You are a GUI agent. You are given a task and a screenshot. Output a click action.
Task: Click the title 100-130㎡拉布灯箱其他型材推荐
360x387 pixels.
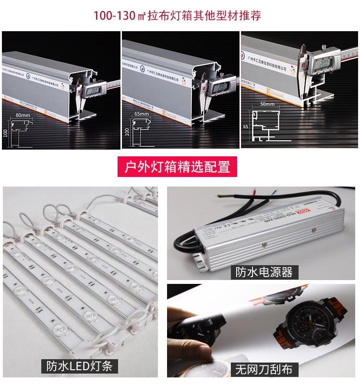[x=178, y=15]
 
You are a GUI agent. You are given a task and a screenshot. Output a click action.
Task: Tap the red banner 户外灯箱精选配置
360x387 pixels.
[x=178, y=166]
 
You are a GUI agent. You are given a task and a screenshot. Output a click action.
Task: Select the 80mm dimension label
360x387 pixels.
[x=23, y=116]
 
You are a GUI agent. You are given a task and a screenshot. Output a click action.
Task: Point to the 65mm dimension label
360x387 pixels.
[x=141, y=114]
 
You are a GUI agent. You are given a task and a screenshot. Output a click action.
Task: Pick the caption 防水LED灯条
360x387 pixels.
[x=79, y=366]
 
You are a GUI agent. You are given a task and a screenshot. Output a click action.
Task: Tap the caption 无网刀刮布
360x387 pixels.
[x=264, y=369]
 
